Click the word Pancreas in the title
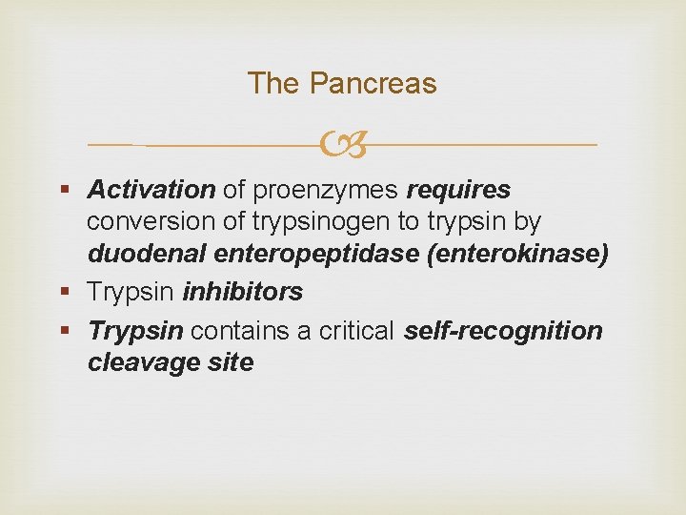(374, 84)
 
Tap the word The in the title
(273, 84)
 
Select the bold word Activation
(151, 190)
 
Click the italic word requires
(458, 190)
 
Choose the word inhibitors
(242, 292)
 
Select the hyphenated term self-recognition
(503, 331)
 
